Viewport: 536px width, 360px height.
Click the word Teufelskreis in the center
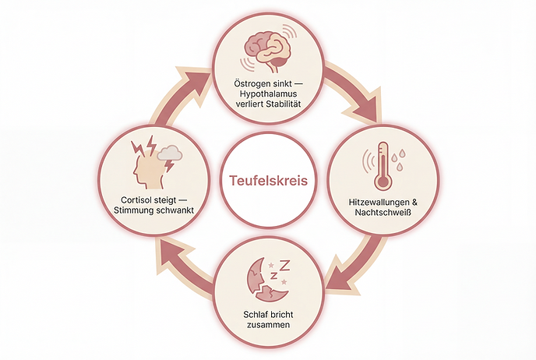click(x=268, y=180)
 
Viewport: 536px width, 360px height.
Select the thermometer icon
click(x=383, y=167)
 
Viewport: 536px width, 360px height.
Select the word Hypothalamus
click(x=268, y=94)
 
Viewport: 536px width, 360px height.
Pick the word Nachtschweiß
click(x=383, y=212)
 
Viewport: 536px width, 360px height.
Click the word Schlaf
click(x=254, y=314)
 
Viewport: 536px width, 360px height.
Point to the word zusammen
click(x=268, y=324)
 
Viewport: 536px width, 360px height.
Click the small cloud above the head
click(x=170, y=153)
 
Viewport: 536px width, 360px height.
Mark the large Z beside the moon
click(x=284, y=265)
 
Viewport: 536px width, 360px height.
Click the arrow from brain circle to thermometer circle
click(x=355, y=90)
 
